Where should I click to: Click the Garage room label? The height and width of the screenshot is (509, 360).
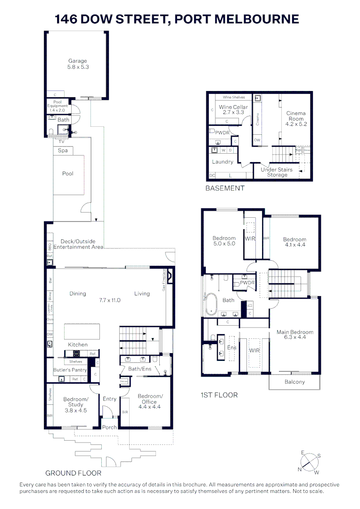pyautogui.click(x=78, y=64)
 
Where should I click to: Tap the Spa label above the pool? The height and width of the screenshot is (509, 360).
pyautogui.click(x=63, y=151)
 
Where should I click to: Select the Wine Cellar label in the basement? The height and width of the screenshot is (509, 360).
pyautogui.click(x=233, y=110)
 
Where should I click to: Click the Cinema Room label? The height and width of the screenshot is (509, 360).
pyautogui.click(x=296, y=119)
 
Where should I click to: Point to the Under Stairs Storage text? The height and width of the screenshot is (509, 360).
pyautogui.click(x=277, y=172)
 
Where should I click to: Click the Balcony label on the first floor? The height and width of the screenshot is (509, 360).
pyautogui.click(x=295, y=382)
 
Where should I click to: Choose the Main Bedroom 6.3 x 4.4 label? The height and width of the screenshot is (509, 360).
pyautogui.click(x=295, y=335)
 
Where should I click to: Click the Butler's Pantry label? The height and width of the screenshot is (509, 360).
pyautogui.click(x=70, y=370)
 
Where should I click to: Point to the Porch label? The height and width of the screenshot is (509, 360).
pyautogui.click(x=110, y=427)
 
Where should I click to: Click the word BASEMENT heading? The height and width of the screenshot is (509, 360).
pyautogui.click(x=225, y=188)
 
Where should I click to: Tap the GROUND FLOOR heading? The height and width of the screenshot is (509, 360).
pyautogui.click(x=73, y=473)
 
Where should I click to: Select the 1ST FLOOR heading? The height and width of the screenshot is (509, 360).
pyautogui.click(x=219, y=395)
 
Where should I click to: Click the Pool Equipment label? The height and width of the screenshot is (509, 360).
pyautogui.click(x=57, y=106)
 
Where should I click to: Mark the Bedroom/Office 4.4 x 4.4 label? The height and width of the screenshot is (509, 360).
pyautogui.click(x=150, y=401)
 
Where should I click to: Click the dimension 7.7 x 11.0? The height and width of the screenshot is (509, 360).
pyautogui.click(x=110, y=300)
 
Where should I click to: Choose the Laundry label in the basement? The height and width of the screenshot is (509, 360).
pyautogui.click(x=222, y=162)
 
